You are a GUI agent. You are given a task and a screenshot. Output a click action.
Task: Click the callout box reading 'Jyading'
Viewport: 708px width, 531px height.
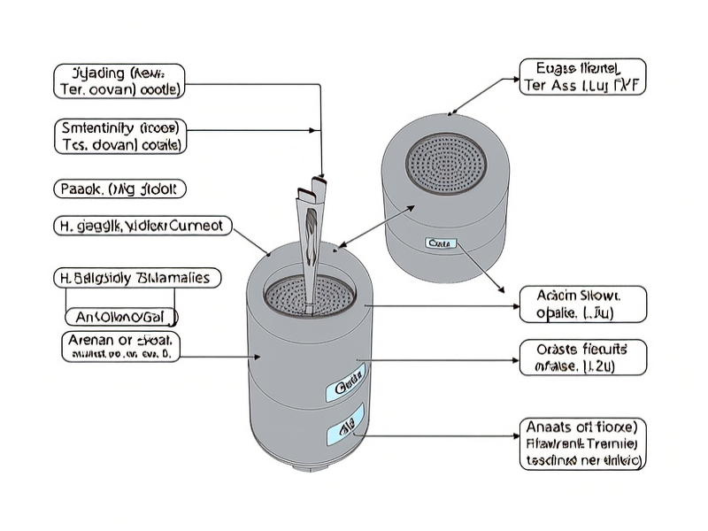point(119,80)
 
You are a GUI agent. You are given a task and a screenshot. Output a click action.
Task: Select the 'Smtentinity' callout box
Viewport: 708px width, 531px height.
point(120,135)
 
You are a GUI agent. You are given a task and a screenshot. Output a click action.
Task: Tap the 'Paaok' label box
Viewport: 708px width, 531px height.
point(120,189)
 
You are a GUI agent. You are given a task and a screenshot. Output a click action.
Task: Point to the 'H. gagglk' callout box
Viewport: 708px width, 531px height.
point(142,227)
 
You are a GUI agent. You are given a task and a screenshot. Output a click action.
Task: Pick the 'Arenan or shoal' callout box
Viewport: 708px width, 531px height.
point(120,347)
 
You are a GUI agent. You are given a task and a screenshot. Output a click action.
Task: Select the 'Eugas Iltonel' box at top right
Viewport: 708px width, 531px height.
point(581,77)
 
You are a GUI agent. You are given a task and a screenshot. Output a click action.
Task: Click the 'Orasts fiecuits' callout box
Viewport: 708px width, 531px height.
point(581,357)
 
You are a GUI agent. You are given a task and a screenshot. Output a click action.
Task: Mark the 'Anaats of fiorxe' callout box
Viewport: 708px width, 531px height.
point(581,443)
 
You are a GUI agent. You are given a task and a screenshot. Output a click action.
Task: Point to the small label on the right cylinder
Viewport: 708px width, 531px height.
point(439,242)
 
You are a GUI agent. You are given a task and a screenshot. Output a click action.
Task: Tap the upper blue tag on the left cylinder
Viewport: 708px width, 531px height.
point(346,387)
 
